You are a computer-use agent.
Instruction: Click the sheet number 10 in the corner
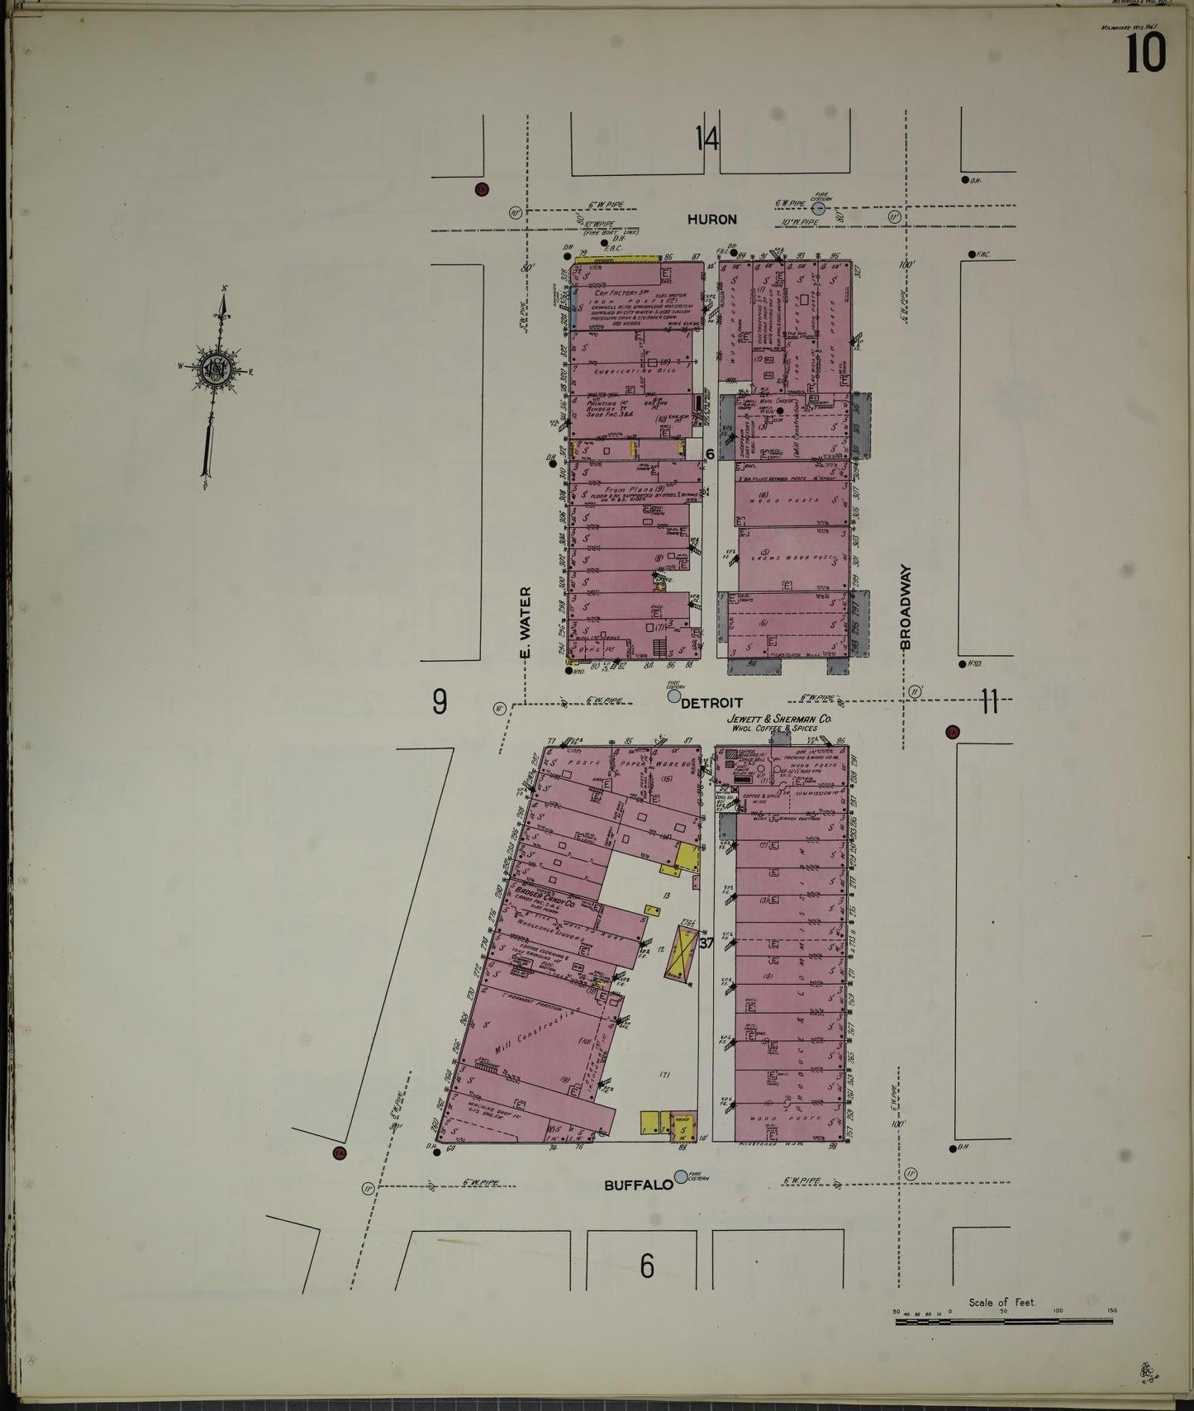(1145, 55)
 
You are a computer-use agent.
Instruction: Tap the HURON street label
(711, 220)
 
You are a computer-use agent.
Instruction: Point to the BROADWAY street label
(905, 606)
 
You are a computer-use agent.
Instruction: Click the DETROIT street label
(711, 703)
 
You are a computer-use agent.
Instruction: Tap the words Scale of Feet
(1001, 1302)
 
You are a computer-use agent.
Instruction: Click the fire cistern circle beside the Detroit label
(674, 696)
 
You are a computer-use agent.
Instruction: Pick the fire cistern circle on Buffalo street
(680, 1176)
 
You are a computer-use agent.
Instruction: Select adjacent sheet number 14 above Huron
(706, 139)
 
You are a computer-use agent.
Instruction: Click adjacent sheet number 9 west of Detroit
(440, 702)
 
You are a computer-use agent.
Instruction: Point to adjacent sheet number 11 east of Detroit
(990, 703)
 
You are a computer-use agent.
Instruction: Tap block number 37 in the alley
(705, 943)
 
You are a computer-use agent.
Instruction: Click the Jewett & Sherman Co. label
(773, 720)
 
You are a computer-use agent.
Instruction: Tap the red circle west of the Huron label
(482, 189)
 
